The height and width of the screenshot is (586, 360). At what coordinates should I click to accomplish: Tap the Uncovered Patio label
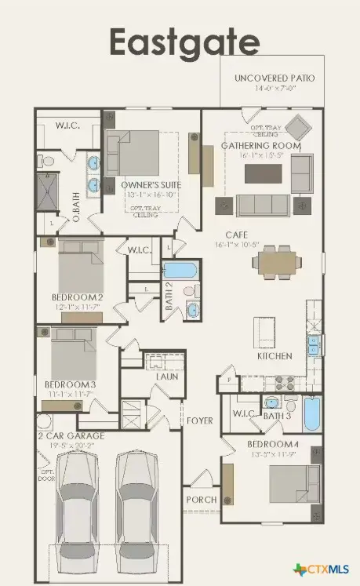[275, 78]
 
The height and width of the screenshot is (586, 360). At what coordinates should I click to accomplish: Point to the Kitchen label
[275, 355]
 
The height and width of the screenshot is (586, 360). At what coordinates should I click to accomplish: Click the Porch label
[201, 500]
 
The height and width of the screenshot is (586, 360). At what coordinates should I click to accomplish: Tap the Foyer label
[199, 420]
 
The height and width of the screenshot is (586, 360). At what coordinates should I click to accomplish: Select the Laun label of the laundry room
[166, 377]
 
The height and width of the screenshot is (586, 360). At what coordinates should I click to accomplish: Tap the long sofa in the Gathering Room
[261, 205]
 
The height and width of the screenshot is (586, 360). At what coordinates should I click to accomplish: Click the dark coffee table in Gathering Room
[259, 173]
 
